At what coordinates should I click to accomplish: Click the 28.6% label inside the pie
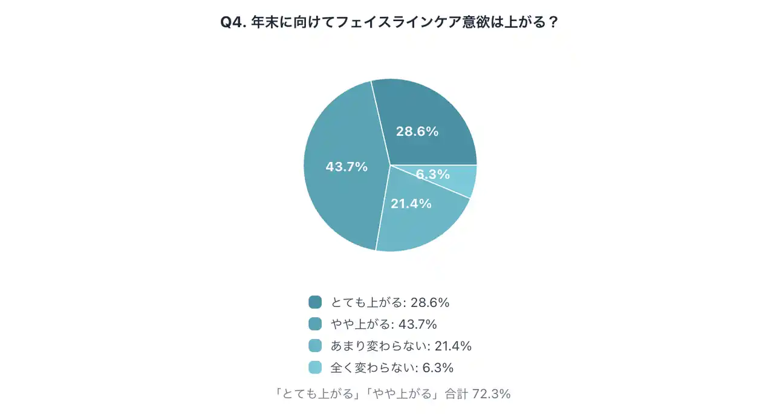(417, 131)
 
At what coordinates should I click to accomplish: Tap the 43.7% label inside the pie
(346, 167)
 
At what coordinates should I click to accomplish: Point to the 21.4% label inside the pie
(411, 204)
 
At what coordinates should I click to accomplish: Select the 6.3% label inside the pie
(433, 175)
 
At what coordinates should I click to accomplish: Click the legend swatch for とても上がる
(315, 302)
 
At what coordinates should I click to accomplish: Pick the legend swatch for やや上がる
(315, 324)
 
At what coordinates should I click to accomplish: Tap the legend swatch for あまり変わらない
(315, 346)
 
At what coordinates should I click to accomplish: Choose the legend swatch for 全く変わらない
(315, 367)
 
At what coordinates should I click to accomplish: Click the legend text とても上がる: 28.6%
(389, 302)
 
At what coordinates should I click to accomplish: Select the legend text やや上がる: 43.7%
(383, 324)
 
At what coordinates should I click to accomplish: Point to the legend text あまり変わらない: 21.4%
(400, 346)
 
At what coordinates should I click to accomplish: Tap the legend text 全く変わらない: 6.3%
(392, 367)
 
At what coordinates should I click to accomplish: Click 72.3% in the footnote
(492, 394)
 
